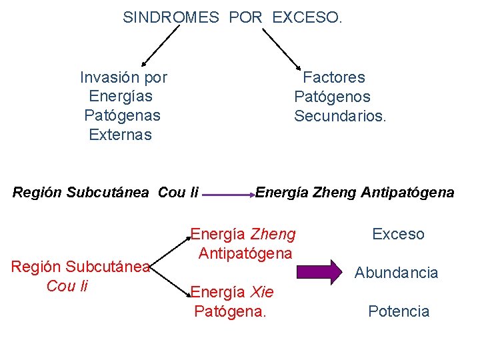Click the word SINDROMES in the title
coord(171,18)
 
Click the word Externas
coord(120,135)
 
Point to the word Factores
coord(334,77)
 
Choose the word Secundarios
coord(340,116)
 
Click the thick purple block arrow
coord(318,272)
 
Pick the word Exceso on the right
coord(398,234)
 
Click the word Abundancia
coord(396,273)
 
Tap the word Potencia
coord(399,311)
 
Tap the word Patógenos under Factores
coord(332,97)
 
